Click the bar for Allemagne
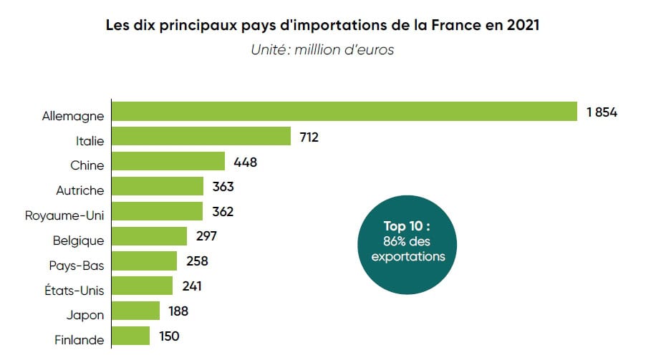tap(344, 112)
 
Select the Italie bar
tap(201, 137)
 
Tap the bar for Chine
tap(168, 162)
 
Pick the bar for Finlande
tap(131, 336)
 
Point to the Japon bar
tap(136, 311)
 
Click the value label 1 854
tap(601, 112)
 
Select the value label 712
tap(309, 137)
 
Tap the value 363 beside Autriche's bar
tap(223, 187)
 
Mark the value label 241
tap(191, 286)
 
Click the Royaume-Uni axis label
tap(64, 215)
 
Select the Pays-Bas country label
tap(78, 266)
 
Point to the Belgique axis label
tap(78, 240)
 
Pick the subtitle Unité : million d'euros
tap(322, 50)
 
